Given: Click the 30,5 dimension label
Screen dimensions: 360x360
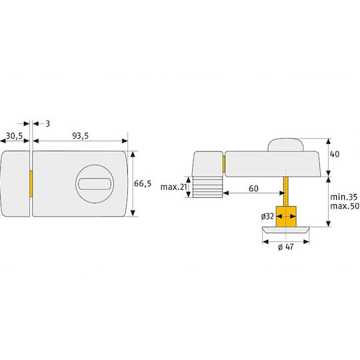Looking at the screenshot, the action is [15, 136].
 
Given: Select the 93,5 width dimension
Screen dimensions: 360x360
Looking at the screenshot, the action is [81, 136].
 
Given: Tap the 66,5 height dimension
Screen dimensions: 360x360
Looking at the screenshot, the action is [143, 183].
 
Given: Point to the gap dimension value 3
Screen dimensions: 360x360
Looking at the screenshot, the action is [47, 124].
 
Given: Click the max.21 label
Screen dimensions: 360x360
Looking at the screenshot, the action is [174, 187].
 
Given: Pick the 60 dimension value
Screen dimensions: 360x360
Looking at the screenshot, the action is [253, 189].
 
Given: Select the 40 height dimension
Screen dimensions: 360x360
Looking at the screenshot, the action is [335, 154].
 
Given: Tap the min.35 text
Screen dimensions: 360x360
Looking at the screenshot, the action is [344, 197].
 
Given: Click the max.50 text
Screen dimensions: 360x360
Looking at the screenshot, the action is [345, 206].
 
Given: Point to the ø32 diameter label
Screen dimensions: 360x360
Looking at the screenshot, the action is [267, 216].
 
